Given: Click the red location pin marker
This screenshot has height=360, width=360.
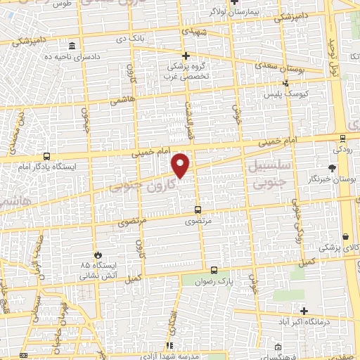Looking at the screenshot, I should pyautogui.click(x=181, y=165).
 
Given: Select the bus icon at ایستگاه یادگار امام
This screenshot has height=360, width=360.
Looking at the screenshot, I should pyautogui.click(x=46, y=157).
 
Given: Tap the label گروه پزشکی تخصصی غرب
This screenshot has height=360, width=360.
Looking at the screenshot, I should pyautogui.click(x=186, y=72).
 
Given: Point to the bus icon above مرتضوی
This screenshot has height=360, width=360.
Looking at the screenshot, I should pyautogui.click(x=196, y=210).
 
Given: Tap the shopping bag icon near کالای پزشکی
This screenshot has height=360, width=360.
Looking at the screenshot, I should pyautogui.click(x=345, y=236).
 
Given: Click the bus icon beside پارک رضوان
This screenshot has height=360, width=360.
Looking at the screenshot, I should pyautogui.click(x=214, y=269).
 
